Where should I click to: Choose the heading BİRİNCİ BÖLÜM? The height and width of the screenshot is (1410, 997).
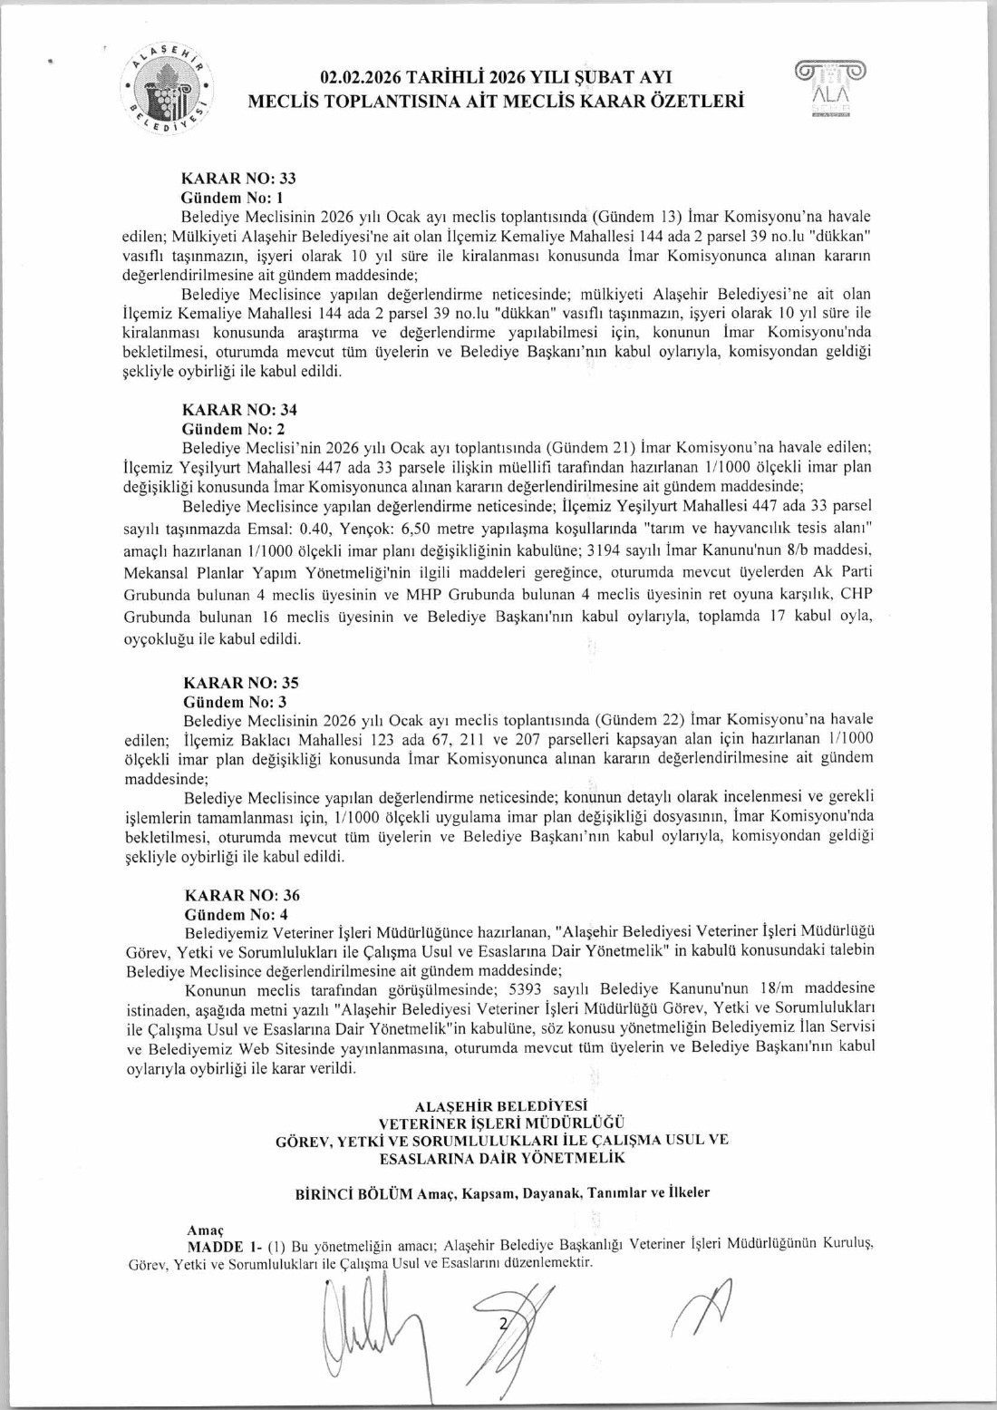tap(354, 1193)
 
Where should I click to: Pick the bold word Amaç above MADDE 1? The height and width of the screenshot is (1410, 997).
tap(205, 1230)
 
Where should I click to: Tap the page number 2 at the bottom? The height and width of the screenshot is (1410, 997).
tap(501, 1325)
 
